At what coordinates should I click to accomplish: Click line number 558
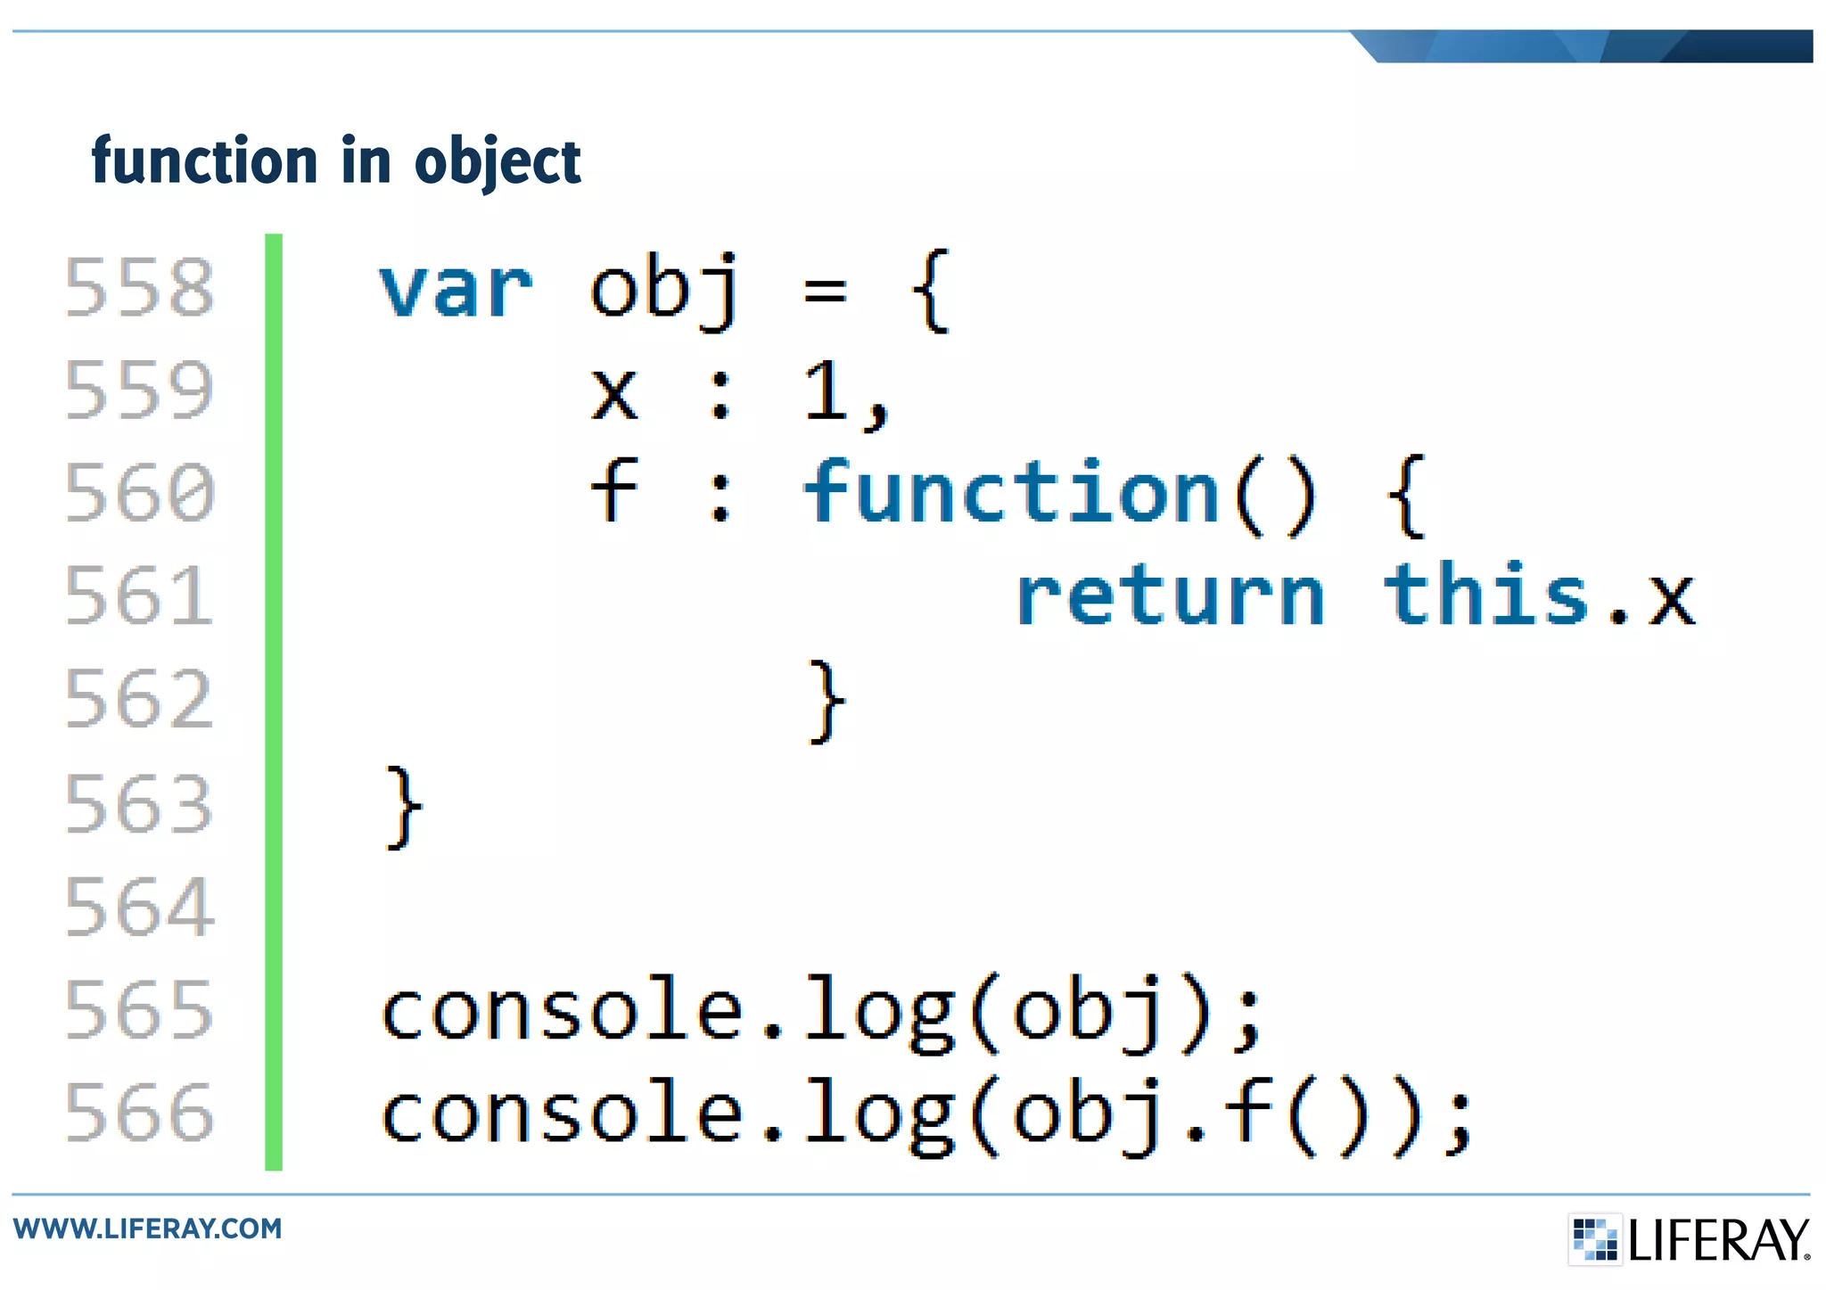(140, 287)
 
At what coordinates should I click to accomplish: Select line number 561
(140, 596)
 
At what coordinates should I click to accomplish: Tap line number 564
(140, 907)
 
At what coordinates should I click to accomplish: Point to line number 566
(140, 1113)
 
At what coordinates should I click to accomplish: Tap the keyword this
(1486, 596)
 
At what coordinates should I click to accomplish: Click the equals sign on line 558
(825, 291)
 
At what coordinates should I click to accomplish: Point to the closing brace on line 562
(826, 701)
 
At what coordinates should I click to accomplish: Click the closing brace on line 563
(403, 808)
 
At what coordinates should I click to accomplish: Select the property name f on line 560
(614, 490)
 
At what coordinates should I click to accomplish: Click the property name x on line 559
(614, 394)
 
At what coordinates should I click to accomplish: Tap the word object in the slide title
(498, 162)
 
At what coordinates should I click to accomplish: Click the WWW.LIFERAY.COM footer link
(148, 1228)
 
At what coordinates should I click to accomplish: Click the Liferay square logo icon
(1594, 1239)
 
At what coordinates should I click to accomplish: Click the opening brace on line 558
(932, 291)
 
